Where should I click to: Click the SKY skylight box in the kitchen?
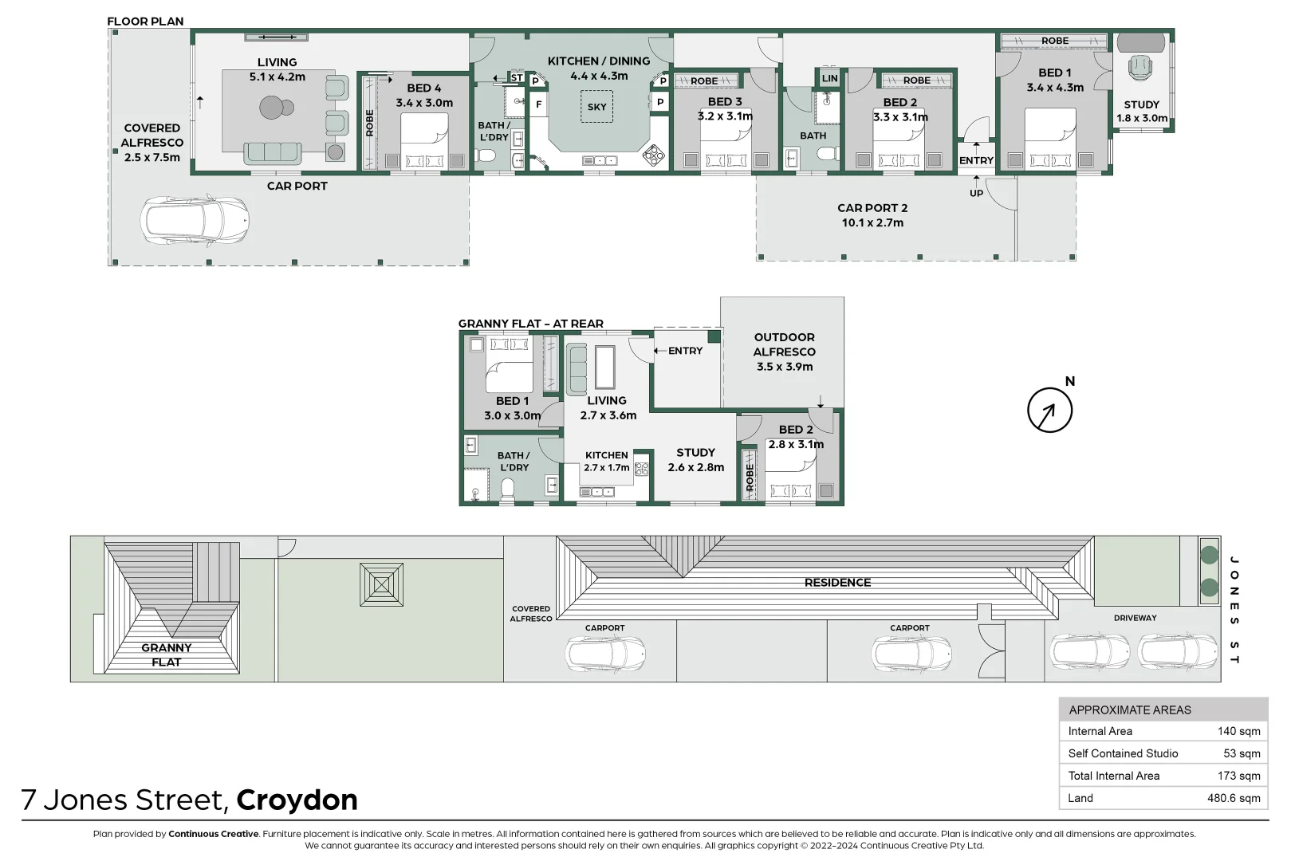(596, 107)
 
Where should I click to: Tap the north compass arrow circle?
(1049, 411)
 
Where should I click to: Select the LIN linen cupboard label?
(829, 78)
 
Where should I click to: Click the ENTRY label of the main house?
(976, 160)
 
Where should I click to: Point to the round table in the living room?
(272, 107)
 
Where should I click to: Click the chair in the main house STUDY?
(1140, 67)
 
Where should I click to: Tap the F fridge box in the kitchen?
(538, 104)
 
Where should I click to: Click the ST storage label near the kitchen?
(517, 78)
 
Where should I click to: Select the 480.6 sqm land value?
(1233, 798)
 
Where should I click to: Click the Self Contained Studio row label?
(1123, 753)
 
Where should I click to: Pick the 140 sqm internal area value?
(1238, 731)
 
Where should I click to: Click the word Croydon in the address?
(297, 800)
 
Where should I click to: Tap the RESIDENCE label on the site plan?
(837, 583)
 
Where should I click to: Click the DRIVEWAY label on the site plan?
(1135, 618)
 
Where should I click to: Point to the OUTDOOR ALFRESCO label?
(784, 344)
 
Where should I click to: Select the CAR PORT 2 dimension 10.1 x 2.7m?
(872, 222)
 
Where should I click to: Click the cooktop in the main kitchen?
(653, 155)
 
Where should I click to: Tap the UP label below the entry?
(976, 193)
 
